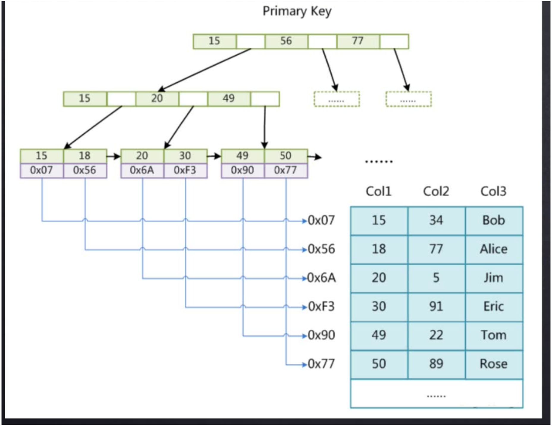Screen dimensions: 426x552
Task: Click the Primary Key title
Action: [x=297, y=11]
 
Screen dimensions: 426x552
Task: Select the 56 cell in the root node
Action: [x=286, y=41]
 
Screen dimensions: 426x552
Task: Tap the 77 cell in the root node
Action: [x=358, y=41]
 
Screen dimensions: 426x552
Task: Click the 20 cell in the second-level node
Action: [x=157, y=99]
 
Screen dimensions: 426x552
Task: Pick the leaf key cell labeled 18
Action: [x=85, y=156]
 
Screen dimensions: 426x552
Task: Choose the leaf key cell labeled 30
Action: [x=185, y=156]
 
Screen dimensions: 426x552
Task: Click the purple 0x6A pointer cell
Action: [x=142, y=170]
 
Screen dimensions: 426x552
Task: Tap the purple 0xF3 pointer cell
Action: [x=185, y=170]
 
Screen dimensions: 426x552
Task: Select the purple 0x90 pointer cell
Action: [x=242, y=170]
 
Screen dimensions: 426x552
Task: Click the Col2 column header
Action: [x=436, y=191]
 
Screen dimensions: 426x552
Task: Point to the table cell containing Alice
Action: [x=494, y=249]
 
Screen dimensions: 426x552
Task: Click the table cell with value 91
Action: [x=436, y=307]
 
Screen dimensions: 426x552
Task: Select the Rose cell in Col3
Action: [x=494, y=364]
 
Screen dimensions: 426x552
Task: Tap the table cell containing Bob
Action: [x=494, y=220]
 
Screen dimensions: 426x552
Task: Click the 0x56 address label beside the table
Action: [x=321, y=249]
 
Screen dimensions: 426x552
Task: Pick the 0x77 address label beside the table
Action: [x=321, y=364]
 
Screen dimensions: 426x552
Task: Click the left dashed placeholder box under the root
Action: [x=337, y=99]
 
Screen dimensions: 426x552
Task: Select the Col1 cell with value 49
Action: [x=379, y=335]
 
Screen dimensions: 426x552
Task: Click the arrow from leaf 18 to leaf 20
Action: [x=113, y=156]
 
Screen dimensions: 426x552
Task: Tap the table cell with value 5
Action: [x=436, y=278]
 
